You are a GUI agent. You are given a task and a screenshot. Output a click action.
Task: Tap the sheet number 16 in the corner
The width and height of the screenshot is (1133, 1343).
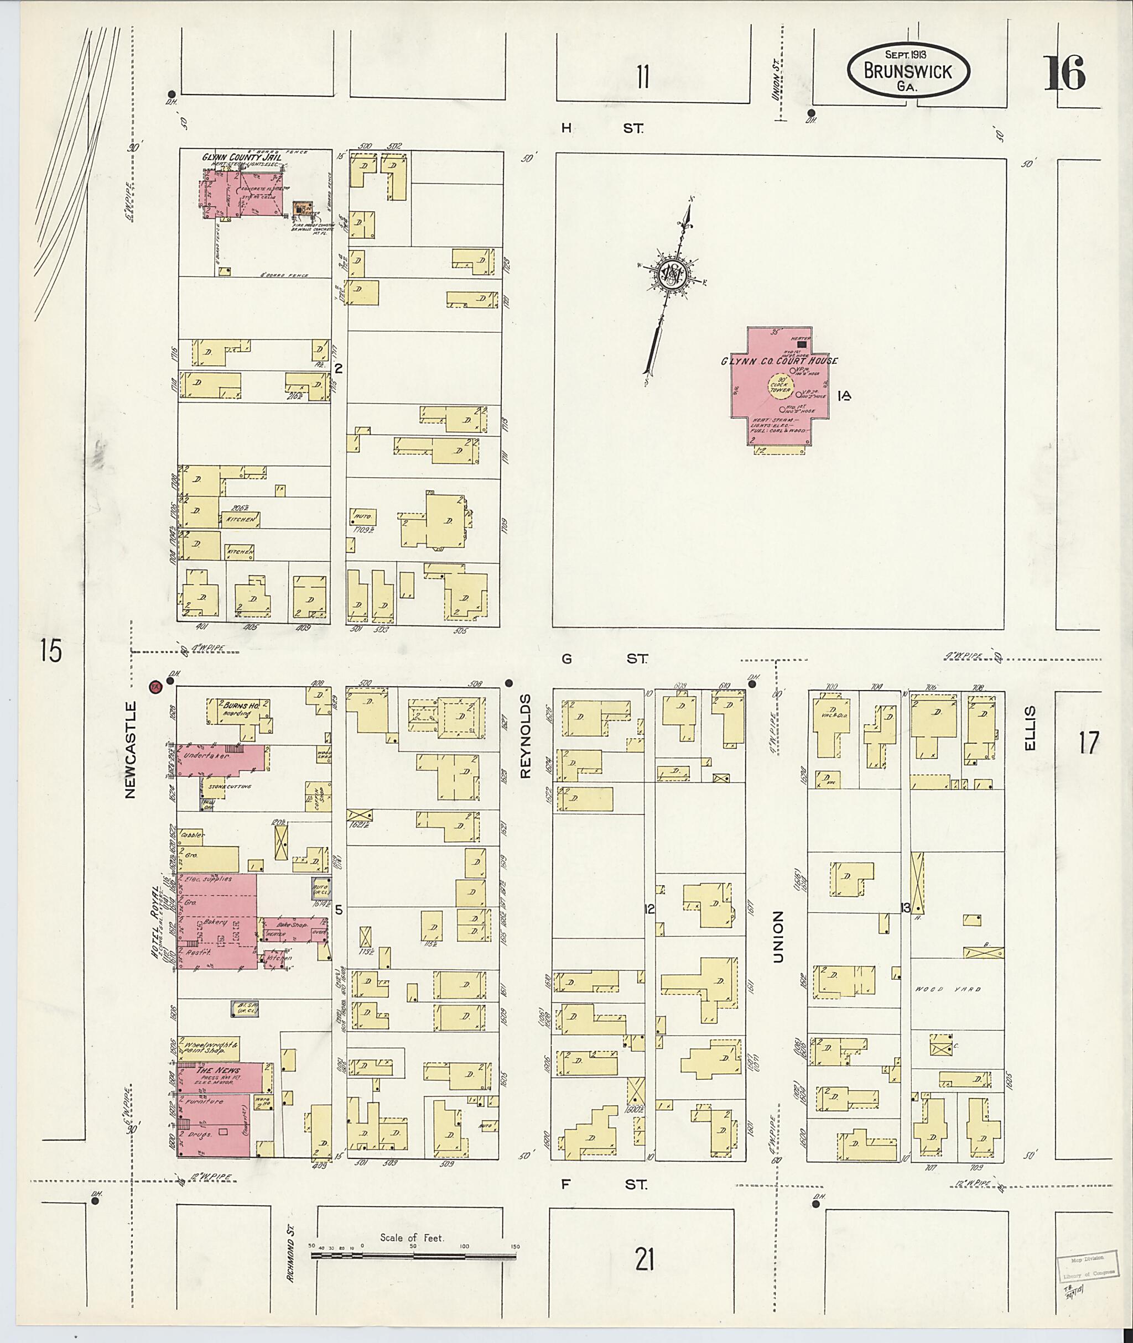coord(1064,74)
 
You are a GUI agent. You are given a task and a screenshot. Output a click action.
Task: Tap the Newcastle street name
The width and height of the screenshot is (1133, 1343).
coord(131,749)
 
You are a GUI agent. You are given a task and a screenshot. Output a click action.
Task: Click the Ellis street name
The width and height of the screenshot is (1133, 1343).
coord(1030,728)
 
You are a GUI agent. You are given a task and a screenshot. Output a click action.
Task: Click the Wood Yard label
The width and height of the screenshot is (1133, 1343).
coord(948,989)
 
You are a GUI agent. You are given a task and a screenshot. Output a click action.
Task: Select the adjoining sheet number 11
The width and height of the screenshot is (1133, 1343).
coord(642,77)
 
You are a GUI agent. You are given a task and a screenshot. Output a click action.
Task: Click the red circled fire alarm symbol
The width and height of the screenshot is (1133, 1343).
coord(154,686)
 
